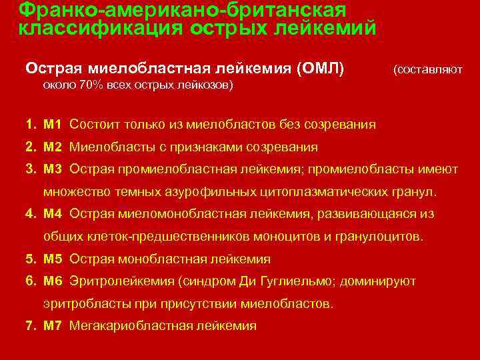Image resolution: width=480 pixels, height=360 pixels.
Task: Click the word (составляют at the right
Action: pos(428,69)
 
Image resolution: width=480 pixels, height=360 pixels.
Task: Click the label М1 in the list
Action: pos(53,124)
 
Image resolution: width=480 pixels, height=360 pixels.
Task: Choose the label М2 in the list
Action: pos(53,147)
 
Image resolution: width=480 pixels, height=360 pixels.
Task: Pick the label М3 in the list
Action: pos(53,169)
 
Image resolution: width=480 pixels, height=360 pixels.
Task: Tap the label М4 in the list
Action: pos(53,214)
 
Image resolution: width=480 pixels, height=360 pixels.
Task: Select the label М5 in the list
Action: pos(53,259)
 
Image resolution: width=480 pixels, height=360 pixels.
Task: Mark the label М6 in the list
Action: pos(53,281)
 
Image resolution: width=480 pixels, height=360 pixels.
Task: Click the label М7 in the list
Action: pos(53,326)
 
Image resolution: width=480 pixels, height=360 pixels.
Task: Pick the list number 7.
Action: pos(30,326)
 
